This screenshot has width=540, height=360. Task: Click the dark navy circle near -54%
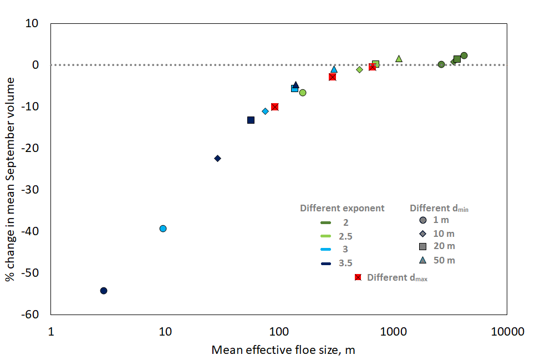pyautogui.click(x=104, y=291)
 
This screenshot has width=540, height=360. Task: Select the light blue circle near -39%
pyautogui.click(x=163, y=229)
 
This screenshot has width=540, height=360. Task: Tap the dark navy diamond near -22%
pyautogui.click(x=217, y=158)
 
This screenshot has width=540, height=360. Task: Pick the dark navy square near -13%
pyautogui.click(x=251, y=120)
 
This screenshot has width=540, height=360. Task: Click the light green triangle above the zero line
pyautogui.click(x=399, y=58)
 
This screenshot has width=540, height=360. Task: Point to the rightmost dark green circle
pyautogui.click(x=464, y=55)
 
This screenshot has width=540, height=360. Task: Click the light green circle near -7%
pyautogui.click(x=303, y=93)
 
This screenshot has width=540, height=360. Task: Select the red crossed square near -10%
pyautogui.click(x=274, y=107)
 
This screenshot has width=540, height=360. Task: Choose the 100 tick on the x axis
pyautogui.click(x=278, y=333)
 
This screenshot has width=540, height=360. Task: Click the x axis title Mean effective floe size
pyautogui.click(x=283, y=350)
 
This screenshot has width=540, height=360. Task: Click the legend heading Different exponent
pyautogui.click(x=342, y=209)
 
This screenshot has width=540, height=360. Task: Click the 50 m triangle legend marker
pyautogui.click(x=422, y=260)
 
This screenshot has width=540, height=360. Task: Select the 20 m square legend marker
pyautogui.click(x=422, y=246)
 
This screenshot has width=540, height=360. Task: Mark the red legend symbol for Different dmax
pyautogui.click(x=358, y=277)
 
